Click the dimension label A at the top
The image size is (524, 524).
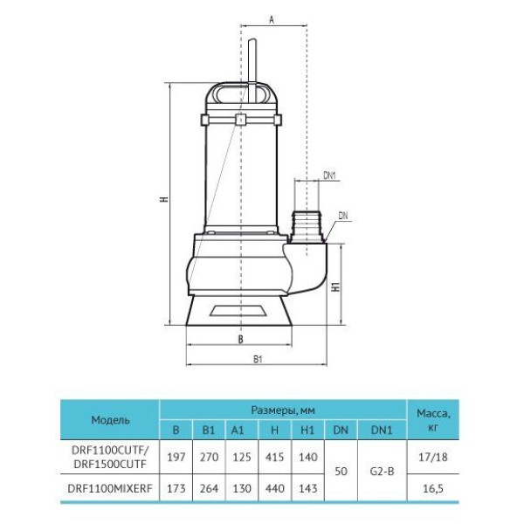pyautogui.click(x=272, y=19)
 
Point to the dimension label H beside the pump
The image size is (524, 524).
pyautogui.click(x=164, y=199)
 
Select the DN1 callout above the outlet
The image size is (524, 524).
pyautogui.click(x=329, y=176)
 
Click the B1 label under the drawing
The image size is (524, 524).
pyautogui.click(x=258, y=359)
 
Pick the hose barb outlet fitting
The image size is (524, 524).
pyautogui.click(x=307, y=227)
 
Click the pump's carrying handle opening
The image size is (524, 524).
pyautogui.click(x=241, y=93)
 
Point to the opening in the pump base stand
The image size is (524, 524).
pyautogui.click(x=238, y=310)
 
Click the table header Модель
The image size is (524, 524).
pyautogui.click(x=110, y=420)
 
